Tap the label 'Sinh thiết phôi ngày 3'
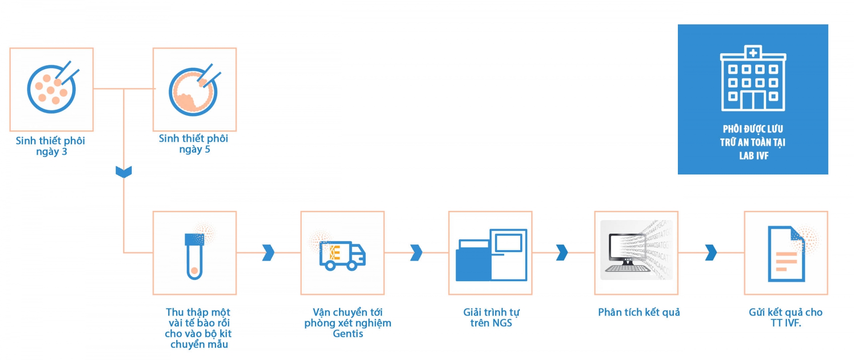(51, 146)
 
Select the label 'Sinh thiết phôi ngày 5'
(193, 144)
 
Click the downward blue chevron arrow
(124, 172)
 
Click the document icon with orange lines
(786, 255)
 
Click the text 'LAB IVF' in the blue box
(753, 156)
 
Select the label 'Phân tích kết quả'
(639, 312)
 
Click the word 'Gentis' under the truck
(348, 334)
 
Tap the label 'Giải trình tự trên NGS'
(491, 318)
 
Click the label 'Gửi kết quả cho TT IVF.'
(786, 318)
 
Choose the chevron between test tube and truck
(268, 252)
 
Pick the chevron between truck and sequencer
(416, 252)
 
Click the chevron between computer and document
(711, 252)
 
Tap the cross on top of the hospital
(753, 53)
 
